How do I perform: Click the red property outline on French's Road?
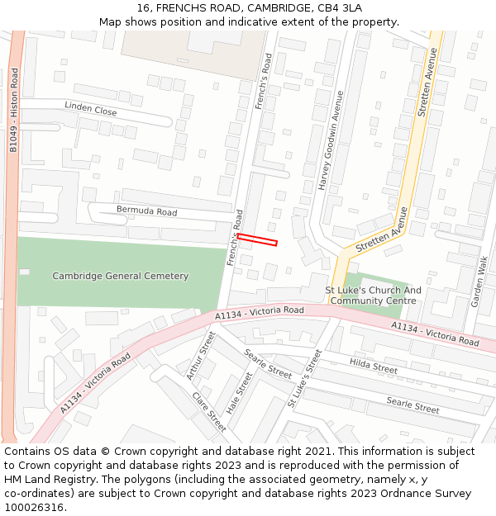coord(257,239)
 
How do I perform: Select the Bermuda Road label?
coord(146,212)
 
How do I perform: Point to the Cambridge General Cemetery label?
coord(121,276)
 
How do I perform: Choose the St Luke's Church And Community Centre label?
coord(373,296)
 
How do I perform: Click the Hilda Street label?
coord(374,364)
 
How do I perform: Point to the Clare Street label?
coord(209,411)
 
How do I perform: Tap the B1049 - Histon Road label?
coord(13,111)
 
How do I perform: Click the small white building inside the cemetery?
coord(24,272)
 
